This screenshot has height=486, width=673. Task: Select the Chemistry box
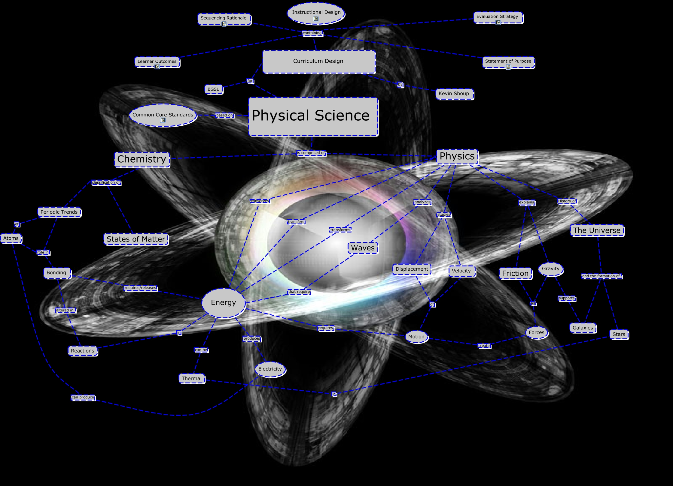pyautogui.click(x=142, y=159)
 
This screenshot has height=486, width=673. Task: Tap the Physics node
pyautogui.click(x=457, y=156)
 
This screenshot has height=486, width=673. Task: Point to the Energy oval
pyautogui.click(x=224, y=303)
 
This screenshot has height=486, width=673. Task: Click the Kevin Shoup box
pyautogui.click(x=454, y=94)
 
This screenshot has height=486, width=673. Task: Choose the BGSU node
pyautogui.click(x=214, y=89)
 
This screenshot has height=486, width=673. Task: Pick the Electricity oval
pyautogui.click(x=270, y=369)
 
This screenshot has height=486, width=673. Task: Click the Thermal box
pyautogui.click(x=192, y=379)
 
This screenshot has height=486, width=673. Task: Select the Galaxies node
pyautogui.click(x=583, y=328)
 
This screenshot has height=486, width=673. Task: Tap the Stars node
pyautogui.click(x=619, y=334)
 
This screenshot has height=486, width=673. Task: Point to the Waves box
pyautogui.click(x=363, y=248)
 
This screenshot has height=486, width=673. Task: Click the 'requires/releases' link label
pyautogui.click(x=140, y=288)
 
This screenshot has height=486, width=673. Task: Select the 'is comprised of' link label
pyautogui.click(x=311, y=153)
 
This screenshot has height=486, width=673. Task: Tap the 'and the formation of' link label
pyautogui.click(x=601, y=276)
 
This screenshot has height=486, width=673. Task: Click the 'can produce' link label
pyautogui.click(x=83, y=397)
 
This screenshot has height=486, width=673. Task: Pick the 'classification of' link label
pyautogui.click(x=106, y=183)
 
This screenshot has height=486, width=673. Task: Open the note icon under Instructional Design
pyautogui.click(x=316, y=19)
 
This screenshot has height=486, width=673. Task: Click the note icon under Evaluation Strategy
pyautogui.click(x=498, y=22)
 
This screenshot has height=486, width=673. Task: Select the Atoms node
pyautogui.click(x=11, y=238)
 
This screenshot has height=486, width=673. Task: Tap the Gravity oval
pyautogui.click(x=551, y=269)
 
